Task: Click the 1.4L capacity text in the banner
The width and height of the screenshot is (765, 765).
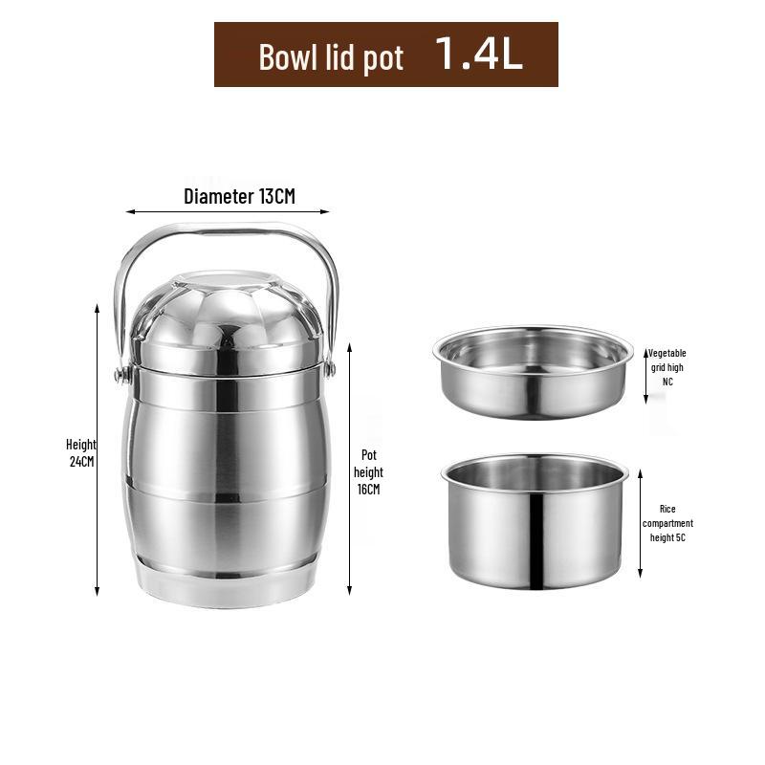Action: (478, 54)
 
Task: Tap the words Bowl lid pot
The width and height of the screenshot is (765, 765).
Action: (331, 58)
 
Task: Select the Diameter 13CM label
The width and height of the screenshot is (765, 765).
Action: (240, 196)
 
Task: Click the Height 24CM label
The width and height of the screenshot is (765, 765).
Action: (81, 452)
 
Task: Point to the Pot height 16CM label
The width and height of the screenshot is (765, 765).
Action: (368, 472)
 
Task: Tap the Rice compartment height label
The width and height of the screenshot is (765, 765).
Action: (667, 523)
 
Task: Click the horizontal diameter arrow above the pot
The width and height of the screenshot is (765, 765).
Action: (228, 211)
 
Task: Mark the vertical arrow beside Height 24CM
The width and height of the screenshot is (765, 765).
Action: (98, 449)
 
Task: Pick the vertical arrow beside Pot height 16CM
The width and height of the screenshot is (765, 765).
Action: (349, 469)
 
